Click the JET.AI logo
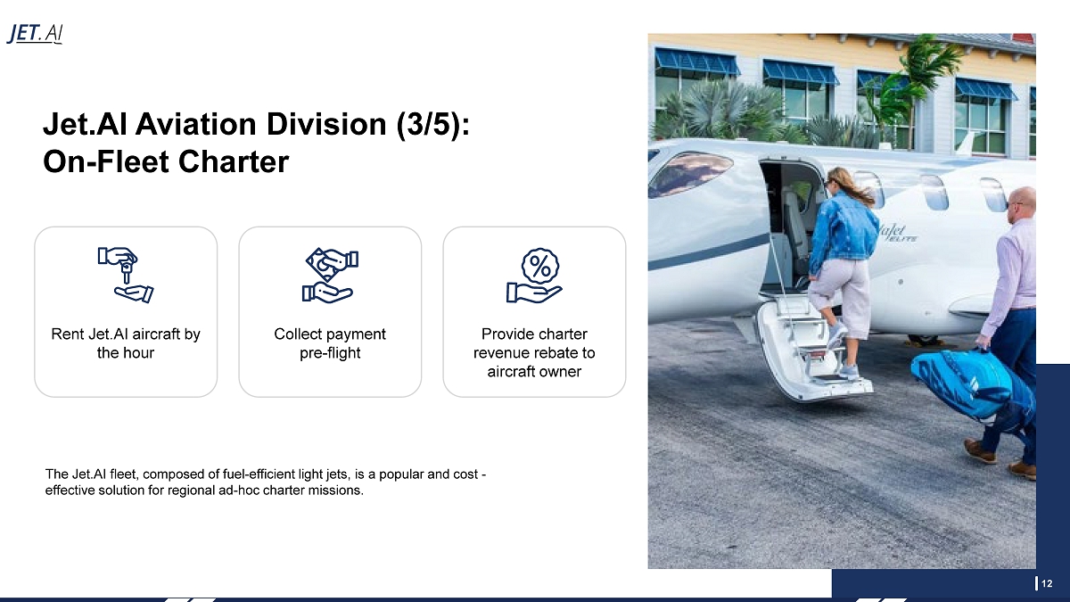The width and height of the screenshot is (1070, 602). tap(35, 34)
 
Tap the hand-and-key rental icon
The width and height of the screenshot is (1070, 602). tap(126, 275)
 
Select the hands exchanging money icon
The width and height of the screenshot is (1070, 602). tap(330, 275)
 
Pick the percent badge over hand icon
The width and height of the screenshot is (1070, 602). tap(534, 275)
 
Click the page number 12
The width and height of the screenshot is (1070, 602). tap(1047, 583)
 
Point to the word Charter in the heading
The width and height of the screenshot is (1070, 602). tap(234, 161)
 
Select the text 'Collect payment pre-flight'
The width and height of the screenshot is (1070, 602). tap(330, 343)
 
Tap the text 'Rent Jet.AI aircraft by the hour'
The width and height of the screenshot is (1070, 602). tap(126, 343)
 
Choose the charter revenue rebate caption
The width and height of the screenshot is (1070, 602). tap(534, 352)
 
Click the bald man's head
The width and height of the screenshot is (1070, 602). tap(1023, 204)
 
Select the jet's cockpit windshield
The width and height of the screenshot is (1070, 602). tap(691, 173)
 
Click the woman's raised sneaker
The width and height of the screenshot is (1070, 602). tap(837, 334)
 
